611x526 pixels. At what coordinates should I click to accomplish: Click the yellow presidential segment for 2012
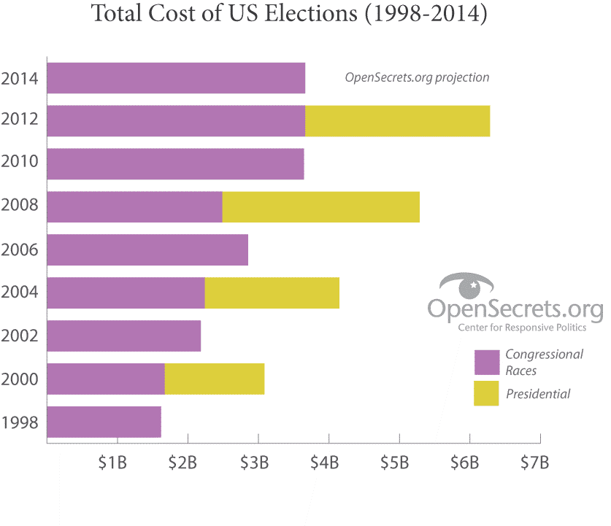[x=397, y=121]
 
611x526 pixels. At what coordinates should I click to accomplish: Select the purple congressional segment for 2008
[x=135, y=207]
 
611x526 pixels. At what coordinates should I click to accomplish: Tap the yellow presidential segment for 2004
[x=272, y=293]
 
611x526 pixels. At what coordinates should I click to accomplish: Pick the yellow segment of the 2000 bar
[x=215, y=379]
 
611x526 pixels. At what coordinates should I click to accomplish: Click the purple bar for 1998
[x=104, y=422]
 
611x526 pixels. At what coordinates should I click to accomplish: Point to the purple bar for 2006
[x=147, y=250]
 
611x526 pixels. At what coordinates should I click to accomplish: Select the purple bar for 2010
[x=175, y=164]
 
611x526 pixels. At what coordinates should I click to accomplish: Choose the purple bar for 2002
[x=124, y=336]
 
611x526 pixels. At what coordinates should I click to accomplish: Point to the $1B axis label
[x=113, y=463]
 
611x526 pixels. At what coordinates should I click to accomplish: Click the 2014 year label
[x=20, y=79]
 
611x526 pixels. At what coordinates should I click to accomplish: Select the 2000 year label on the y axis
[x=20, y=380]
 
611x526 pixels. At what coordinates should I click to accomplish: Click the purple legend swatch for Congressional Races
[x=486, y=362]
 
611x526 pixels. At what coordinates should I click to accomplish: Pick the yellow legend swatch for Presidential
[x=486, y=393]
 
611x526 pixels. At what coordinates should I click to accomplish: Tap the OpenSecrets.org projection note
[x=417, y=77]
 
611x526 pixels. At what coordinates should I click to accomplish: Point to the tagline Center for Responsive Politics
[x=522, y=328]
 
